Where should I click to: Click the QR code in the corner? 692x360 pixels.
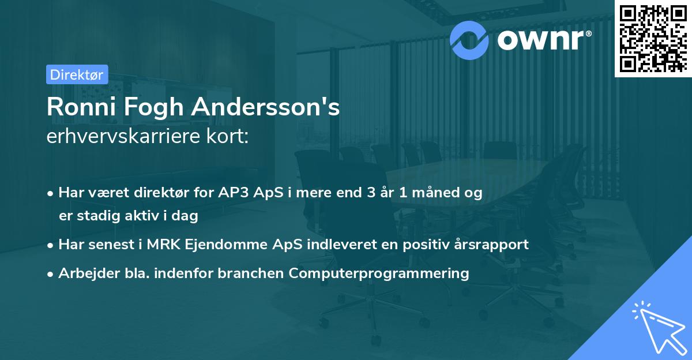click(x=653, y=38)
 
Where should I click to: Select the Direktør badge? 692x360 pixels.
click(x=77, y=74)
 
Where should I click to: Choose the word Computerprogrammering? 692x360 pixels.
click(x=379, y=273)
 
